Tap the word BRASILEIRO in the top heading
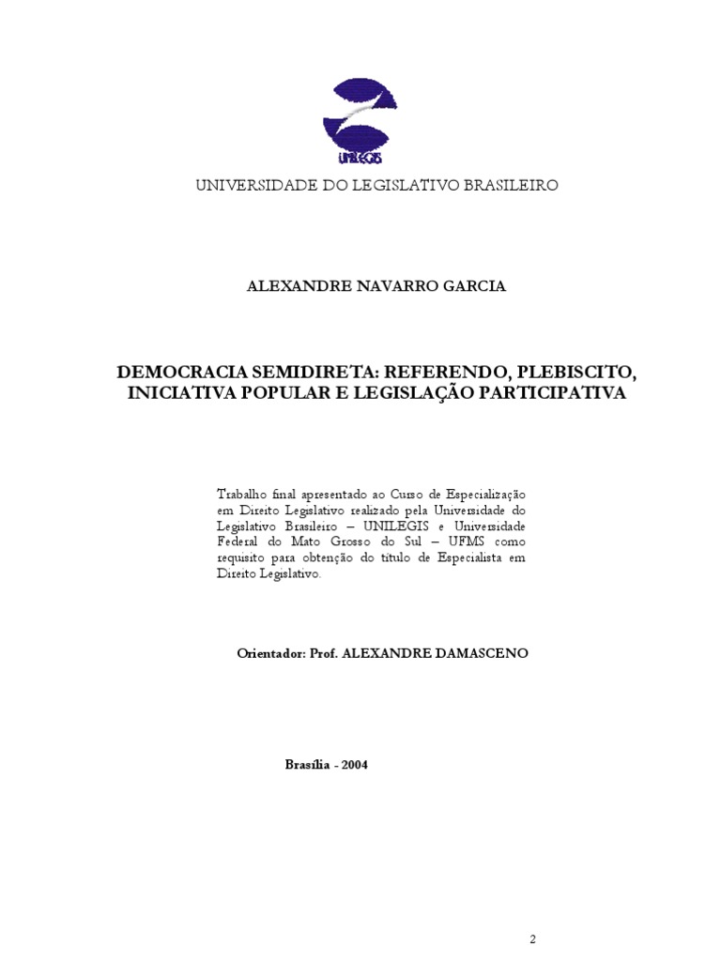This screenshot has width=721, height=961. click(504, 185)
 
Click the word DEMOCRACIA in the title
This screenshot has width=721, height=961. click(176, 374)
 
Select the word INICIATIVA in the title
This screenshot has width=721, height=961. click(179, 393)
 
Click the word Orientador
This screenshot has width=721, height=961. click(270, 652)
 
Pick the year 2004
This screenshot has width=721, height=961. click(355, 764)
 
